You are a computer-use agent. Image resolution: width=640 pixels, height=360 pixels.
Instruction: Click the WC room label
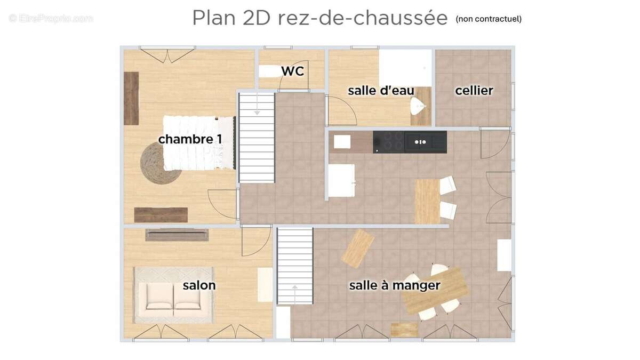click(292, 71)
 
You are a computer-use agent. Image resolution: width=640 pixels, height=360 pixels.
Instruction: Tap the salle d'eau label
click(381, 91)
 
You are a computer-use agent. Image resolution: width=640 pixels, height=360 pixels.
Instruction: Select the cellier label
click(474, 91)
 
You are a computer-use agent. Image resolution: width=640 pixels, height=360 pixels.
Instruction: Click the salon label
click(199, 285)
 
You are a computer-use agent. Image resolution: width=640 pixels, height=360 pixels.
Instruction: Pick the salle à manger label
click(395, 285)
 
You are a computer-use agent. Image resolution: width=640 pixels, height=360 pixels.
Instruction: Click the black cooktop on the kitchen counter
click(389, 142)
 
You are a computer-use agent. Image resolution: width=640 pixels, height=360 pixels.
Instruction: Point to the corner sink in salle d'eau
click(419, 107)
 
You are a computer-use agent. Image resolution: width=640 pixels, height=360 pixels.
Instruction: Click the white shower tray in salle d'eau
click(405, 67)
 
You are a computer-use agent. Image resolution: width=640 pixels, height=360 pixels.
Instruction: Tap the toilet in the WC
click(269, 71)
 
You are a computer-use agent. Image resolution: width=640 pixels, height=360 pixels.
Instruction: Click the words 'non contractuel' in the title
click(489, 19)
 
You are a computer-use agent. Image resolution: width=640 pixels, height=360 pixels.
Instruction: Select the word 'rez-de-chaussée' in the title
click(363, 18)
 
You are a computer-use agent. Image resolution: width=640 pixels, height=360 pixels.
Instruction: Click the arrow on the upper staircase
click(257, 111)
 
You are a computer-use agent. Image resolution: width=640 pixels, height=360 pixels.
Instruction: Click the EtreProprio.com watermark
click(51, 18)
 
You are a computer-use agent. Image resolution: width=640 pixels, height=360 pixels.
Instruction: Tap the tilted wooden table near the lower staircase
click(358, 249)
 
